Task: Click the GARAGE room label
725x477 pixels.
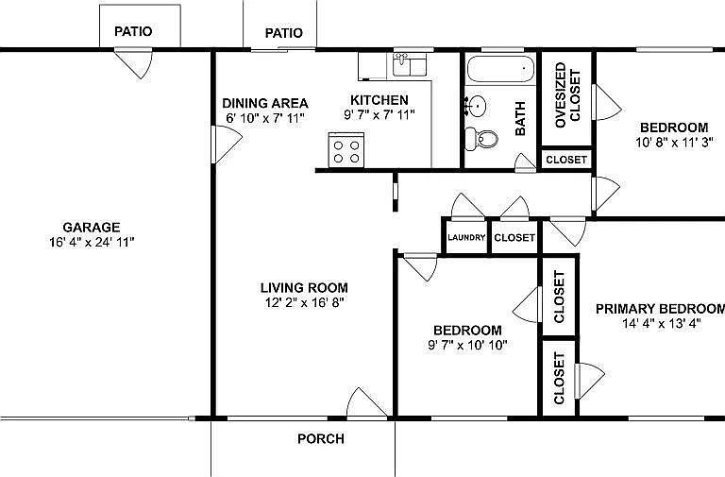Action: point(91,227)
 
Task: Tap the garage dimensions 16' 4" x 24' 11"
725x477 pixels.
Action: point(91,242)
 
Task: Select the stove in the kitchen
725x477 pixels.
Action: point(346,150)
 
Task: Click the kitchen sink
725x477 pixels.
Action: point(409,64)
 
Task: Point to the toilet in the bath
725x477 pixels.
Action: point(486,138)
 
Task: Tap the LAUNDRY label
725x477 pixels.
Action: point(466,237)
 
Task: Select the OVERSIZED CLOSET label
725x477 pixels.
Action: point(566,95)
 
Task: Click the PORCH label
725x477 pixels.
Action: point(321,438)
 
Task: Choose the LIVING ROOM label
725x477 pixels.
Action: point(304,288)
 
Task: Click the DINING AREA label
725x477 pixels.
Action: point(265,102)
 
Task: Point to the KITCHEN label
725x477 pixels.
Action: point(379,100)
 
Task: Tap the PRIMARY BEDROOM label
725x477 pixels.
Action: point(660,309)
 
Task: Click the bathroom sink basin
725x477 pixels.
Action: point(478,105)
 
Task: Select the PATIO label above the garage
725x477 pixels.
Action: point(133,31)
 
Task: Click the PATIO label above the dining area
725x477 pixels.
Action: point(283,33)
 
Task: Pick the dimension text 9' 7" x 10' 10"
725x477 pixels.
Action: point(466,345)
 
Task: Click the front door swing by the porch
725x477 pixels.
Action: point(365,403)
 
